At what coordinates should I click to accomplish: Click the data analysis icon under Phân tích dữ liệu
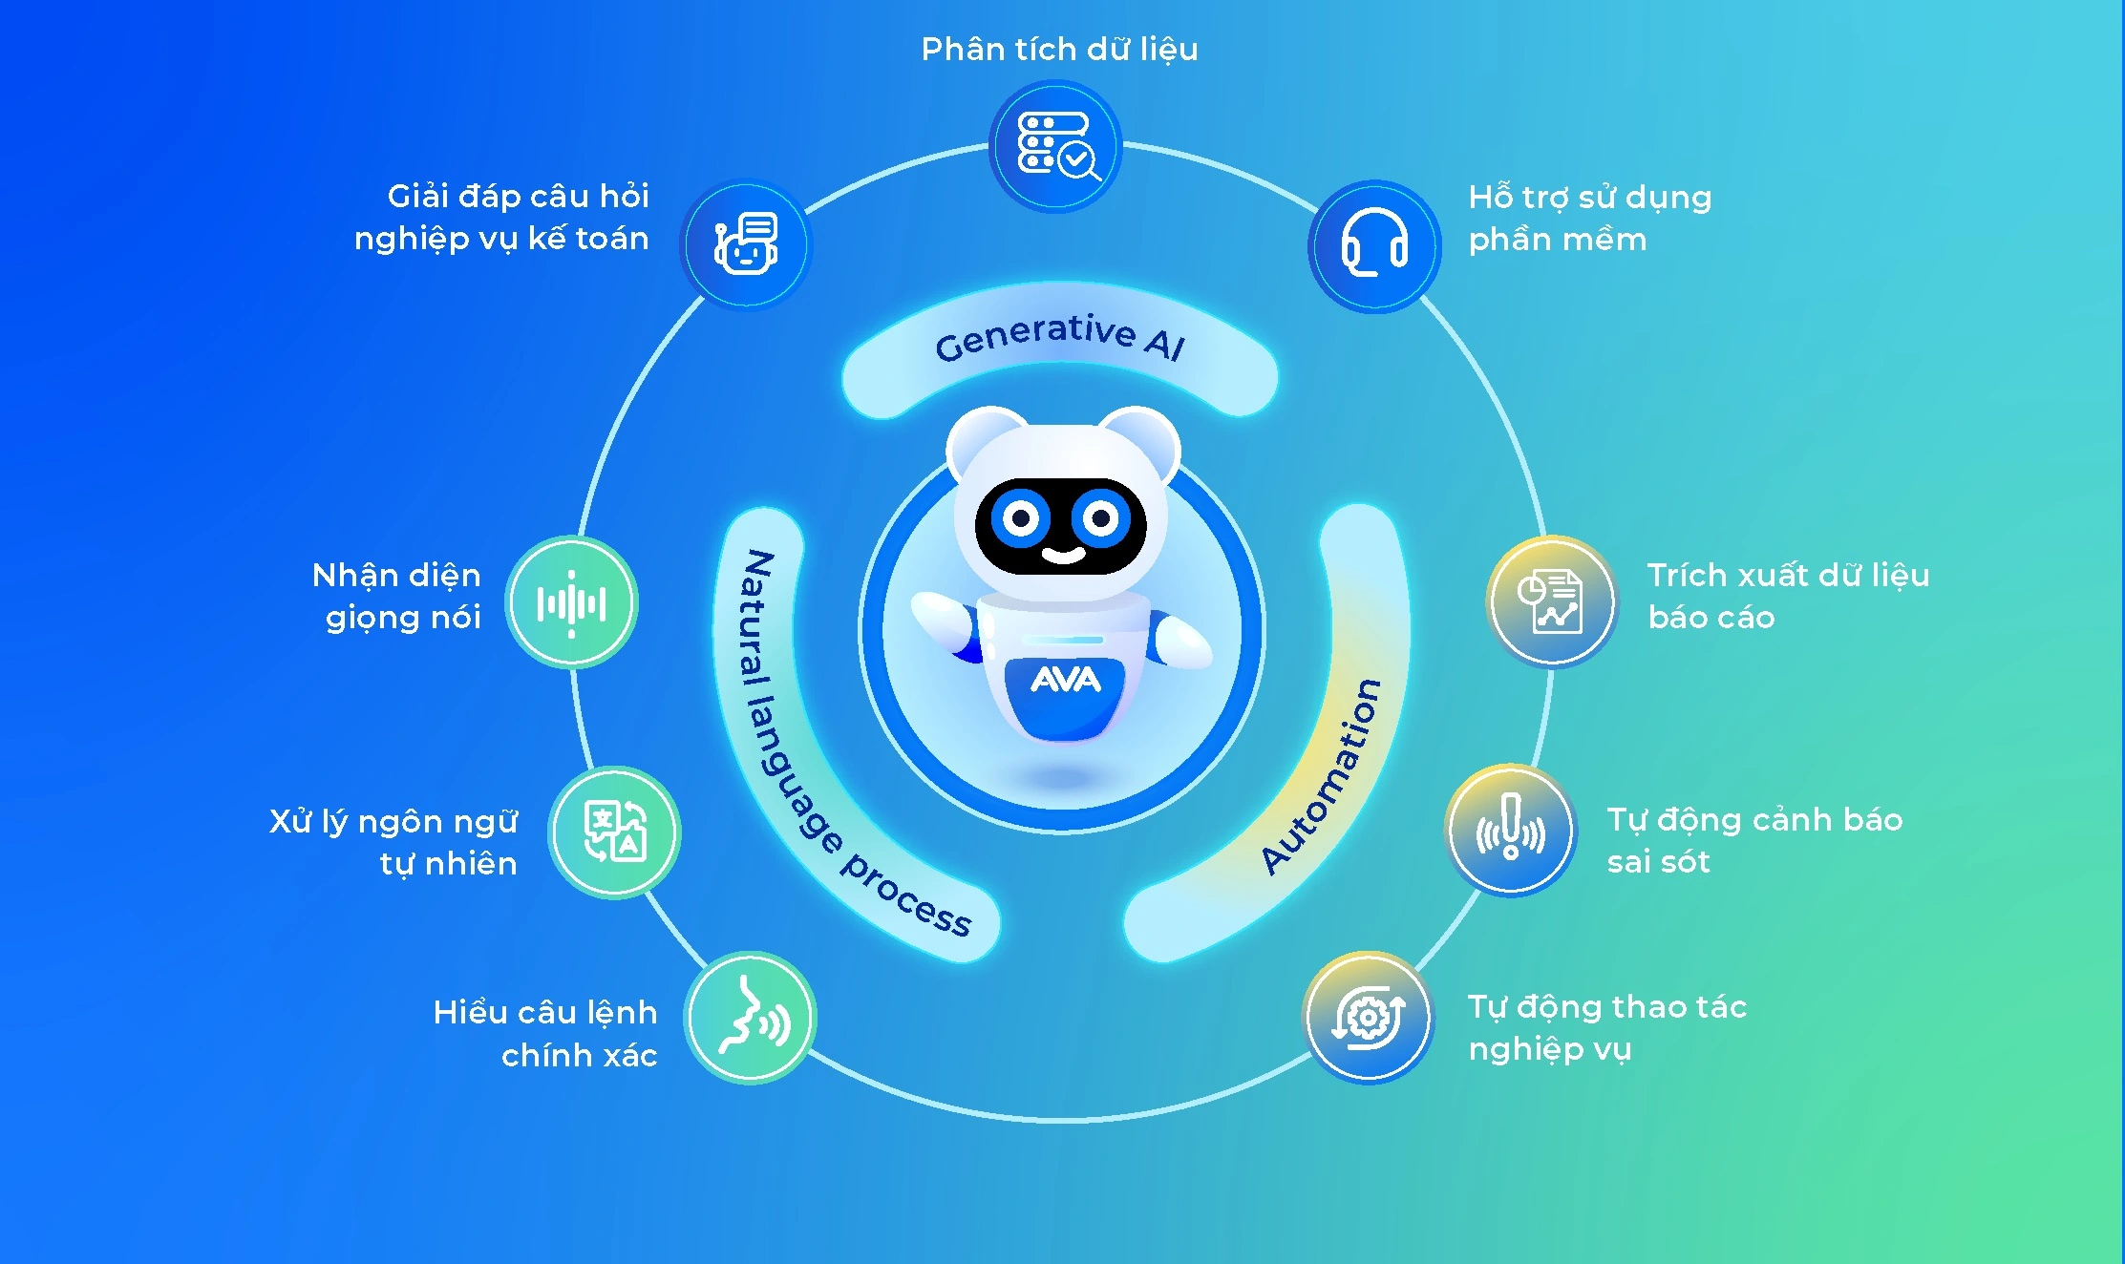(x=1055, y=146)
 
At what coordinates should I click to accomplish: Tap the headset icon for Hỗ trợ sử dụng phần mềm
(x=1374, y=245)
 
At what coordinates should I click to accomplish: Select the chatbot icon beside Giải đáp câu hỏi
(x=746, y=244)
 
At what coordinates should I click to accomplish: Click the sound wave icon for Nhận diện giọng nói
(x=571, y=602)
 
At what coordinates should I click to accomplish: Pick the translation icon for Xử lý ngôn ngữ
(x=614, y=832)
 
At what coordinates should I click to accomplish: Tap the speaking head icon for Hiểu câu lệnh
(x=752, y=1017)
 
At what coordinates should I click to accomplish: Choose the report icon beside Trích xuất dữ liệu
(x=1551, y=601)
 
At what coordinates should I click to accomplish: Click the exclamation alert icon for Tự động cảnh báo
(x=1510, y=830)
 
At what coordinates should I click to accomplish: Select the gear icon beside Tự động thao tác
(x=1369, y=1018)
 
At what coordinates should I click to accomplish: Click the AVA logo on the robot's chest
(x=1065, y=680)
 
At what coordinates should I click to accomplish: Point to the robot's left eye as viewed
(x=1020, y=518)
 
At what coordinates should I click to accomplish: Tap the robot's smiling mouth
(x=1063, y=555)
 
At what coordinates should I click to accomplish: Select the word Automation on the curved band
(x=1323, y=775)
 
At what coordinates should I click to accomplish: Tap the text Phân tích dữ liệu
(x=1059, y=49)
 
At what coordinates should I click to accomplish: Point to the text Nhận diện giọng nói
(x=398, y=596)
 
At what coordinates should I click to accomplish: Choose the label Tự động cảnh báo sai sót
(x=1753, y=840)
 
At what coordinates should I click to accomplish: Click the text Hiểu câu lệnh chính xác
(x=545, y=1033)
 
